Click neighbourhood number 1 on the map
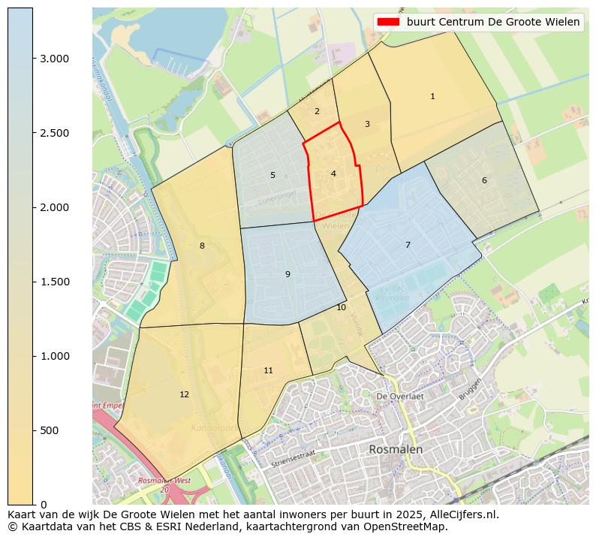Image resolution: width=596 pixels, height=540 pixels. point(432,97)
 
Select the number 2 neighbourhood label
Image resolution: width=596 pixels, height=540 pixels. point(317,112)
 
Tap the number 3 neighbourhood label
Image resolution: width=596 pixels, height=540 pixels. point(367,125)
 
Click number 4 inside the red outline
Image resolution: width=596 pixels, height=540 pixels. point(333,174)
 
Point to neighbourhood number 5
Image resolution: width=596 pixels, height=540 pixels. point(272,176)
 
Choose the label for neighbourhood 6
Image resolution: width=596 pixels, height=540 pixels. point(484,181)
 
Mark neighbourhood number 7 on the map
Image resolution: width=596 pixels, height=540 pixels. point(408,246)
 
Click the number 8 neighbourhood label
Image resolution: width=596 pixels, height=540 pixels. point(202,246)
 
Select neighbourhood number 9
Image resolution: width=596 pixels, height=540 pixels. point(287,275)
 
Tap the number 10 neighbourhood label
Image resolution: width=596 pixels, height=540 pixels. point(341,308)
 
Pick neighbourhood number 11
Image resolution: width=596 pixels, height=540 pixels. point(268,371)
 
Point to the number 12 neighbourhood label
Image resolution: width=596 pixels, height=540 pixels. point(184,395)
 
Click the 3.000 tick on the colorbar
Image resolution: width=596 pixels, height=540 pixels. point(53,59)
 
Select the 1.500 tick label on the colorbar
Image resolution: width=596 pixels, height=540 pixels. point(53,282)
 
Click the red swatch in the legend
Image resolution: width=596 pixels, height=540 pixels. point(390,22)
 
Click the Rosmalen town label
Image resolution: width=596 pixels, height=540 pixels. point(396,450)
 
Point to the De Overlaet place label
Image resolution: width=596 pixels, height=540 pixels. point(400,396)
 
